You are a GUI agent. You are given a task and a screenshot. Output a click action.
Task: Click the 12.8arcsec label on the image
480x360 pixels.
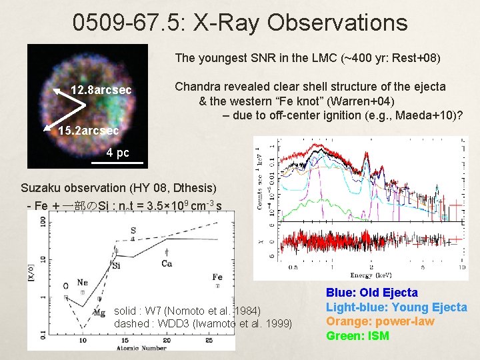point(101,90)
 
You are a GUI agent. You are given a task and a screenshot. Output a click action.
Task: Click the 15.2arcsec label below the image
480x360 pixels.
point(89,131)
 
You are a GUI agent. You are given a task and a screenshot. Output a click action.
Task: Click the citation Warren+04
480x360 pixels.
point(365,101)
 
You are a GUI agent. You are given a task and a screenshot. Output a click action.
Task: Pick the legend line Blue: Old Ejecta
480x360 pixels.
point(371,293)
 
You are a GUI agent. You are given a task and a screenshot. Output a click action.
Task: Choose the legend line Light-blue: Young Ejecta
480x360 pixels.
point(396,307)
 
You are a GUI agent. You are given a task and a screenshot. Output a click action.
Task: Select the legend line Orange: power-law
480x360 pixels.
point(379,321)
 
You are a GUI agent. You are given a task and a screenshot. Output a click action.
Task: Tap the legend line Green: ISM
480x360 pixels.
point(357,335)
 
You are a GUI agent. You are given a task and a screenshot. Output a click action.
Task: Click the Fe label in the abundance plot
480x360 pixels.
point(217,277)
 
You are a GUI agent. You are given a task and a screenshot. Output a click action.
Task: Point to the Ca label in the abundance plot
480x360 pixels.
point(167,263)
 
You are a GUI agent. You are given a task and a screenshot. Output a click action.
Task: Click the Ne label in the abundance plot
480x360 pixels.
point(82,283)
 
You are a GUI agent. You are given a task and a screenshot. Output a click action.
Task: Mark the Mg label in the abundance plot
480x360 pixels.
point(99,311)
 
